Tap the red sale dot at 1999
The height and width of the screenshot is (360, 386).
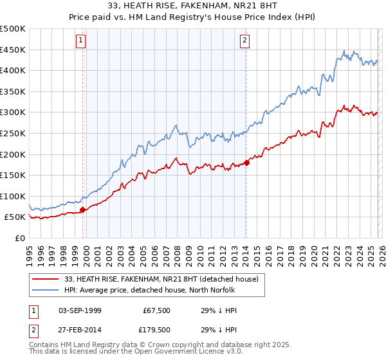coord(82,210)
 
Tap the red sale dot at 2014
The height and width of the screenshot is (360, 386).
coord(246,163)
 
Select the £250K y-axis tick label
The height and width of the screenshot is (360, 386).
coord(13,133)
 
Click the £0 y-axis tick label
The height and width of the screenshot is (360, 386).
coord(21,238)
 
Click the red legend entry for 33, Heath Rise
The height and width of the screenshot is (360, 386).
coord(161,279)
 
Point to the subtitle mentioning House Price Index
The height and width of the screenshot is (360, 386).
coord(192,18)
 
